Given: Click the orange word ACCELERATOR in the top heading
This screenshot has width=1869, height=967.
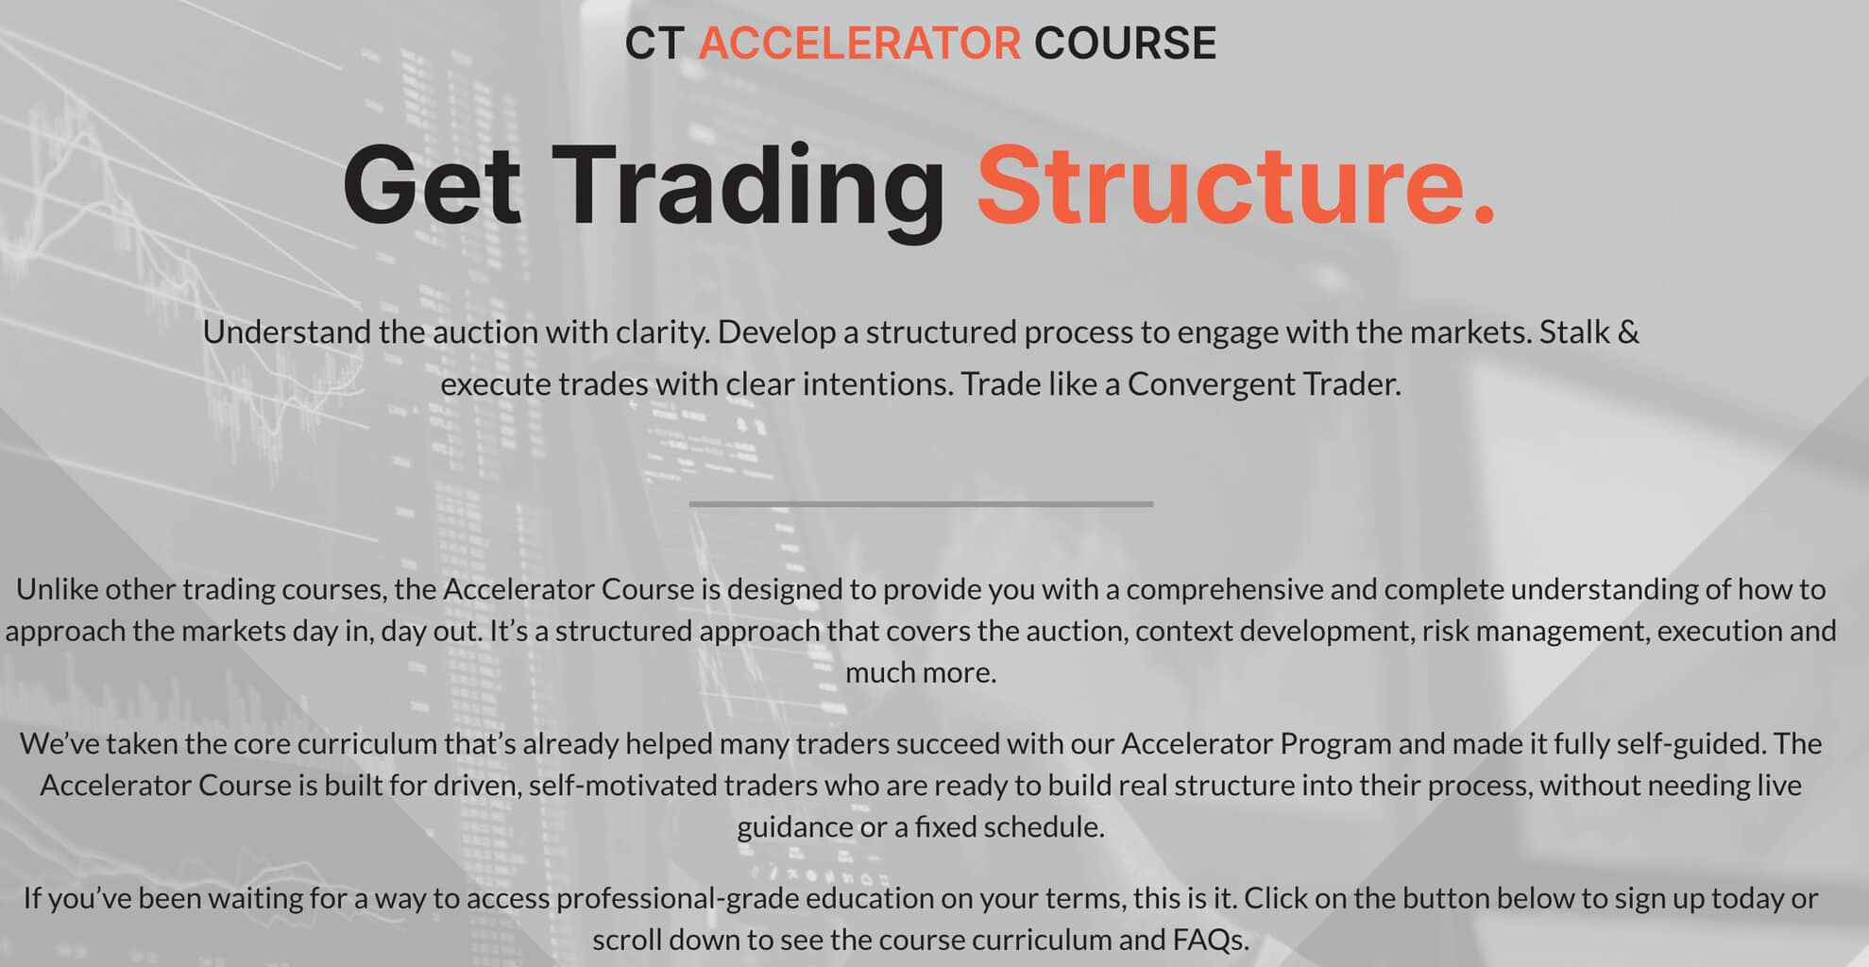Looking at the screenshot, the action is pyautogui.click(x=859, y=43).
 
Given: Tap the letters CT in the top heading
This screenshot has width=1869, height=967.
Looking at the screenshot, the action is pyautogui.click(x=654, y=43).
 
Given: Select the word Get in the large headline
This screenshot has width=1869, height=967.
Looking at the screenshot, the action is pyautogui.click(x=432, y=185).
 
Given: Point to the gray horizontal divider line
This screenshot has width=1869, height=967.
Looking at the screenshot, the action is pyautogui.click(x=921, y=504).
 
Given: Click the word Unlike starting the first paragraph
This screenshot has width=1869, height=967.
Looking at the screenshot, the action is pyautogui.click(x=57, y=589).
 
